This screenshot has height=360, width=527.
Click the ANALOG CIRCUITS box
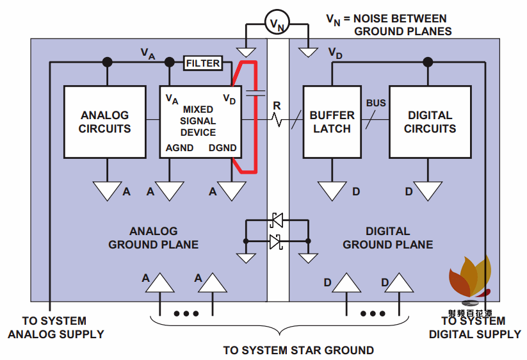(x=104, y=122)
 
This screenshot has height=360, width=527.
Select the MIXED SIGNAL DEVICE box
(x=199, y=122)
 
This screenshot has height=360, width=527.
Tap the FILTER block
(x=203, y=63)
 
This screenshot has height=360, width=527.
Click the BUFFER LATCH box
(x=332, y=122)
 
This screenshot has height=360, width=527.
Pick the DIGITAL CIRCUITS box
(x=430, y=122)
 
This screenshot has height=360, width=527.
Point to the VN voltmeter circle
(x=277, y=24)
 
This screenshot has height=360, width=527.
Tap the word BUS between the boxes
(x=376, y=103)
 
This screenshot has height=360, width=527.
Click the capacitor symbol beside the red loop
(x=255, y=94)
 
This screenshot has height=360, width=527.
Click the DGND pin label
(x=222, y=148)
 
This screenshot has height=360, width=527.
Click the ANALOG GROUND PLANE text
(x=153, y=238)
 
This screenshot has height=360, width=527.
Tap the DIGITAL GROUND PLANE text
(x=387, y=238)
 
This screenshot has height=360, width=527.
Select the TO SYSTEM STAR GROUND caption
(x=298, y=350)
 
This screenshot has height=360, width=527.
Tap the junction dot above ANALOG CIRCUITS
(x=107, y=62)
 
